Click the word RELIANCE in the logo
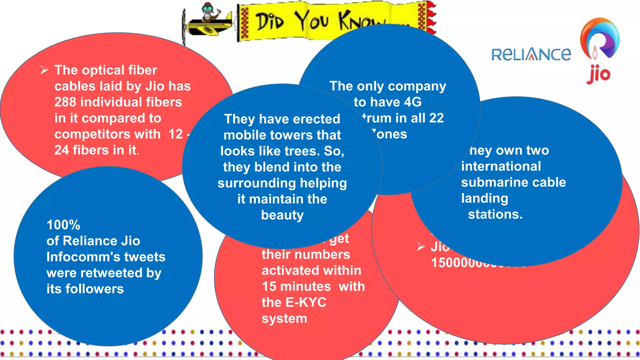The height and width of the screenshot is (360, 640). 531,54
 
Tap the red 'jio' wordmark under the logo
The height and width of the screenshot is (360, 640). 598,74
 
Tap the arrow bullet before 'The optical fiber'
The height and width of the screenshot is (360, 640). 44,70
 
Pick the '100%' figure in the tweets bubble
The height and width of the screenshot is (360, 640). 63,225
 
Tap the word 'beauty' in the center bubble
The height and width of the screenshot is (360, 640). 282,215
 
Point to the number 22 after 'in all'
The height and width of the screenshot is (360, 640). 436,118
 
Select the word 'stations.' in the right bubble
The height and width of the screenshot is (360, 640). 495,214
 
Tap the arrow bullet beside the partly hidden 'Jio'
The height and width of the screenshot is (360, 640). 421,247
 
